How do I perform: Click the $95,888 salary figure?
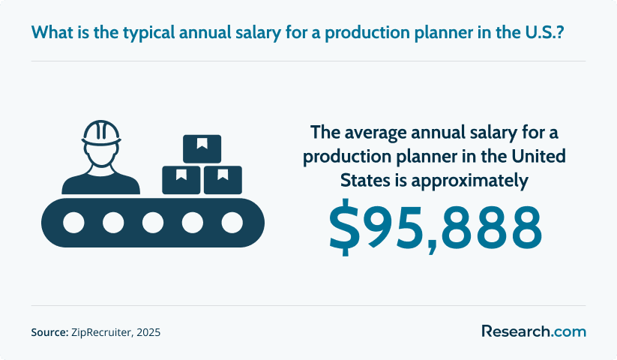436,227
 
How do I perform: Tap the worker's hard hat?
101,133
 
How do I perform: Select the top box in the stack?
202,148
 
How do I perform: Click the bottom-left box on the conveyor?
181,180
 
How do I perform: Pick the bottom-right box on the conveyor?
223,180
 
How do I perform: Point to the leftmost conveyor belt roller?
73,223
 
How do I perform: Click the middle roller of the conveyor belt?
153,223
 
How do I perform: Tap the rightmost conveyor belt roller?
232,223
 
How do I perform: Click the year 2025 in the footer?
149,332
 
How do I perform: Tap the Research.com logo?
534,331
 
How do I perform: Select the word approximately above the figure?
470,181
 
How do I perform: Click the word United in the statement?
538,156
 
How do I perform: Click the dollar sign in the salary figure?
344,227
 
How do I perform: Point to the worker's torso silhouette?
100,182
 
